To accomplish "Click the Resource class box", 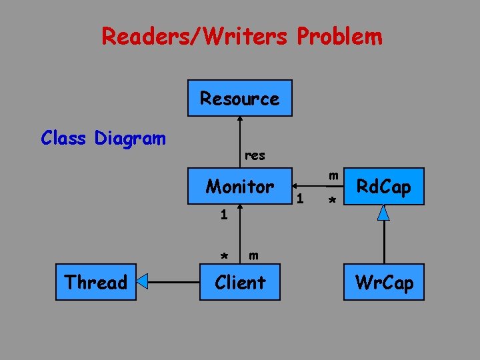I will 239,98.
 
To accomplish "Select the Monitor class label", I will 239,187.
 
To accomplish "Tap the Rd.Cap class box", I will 383,187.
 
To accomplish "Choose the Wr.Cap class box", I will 384,283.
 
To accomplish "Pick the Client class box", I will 239,283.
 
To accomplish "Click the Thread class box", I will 95,283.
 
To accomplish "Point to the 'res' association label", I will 255,155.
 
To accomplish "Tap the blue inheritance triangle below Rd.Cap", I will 383,213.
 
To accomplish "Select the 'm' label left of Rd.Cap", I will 334,175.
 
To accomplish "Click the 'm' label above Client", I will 253,255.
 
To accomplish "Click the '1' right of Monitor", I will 301,198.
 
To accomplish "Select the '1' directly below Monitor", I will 225,215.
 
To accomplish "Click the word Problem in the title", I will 340,36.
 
